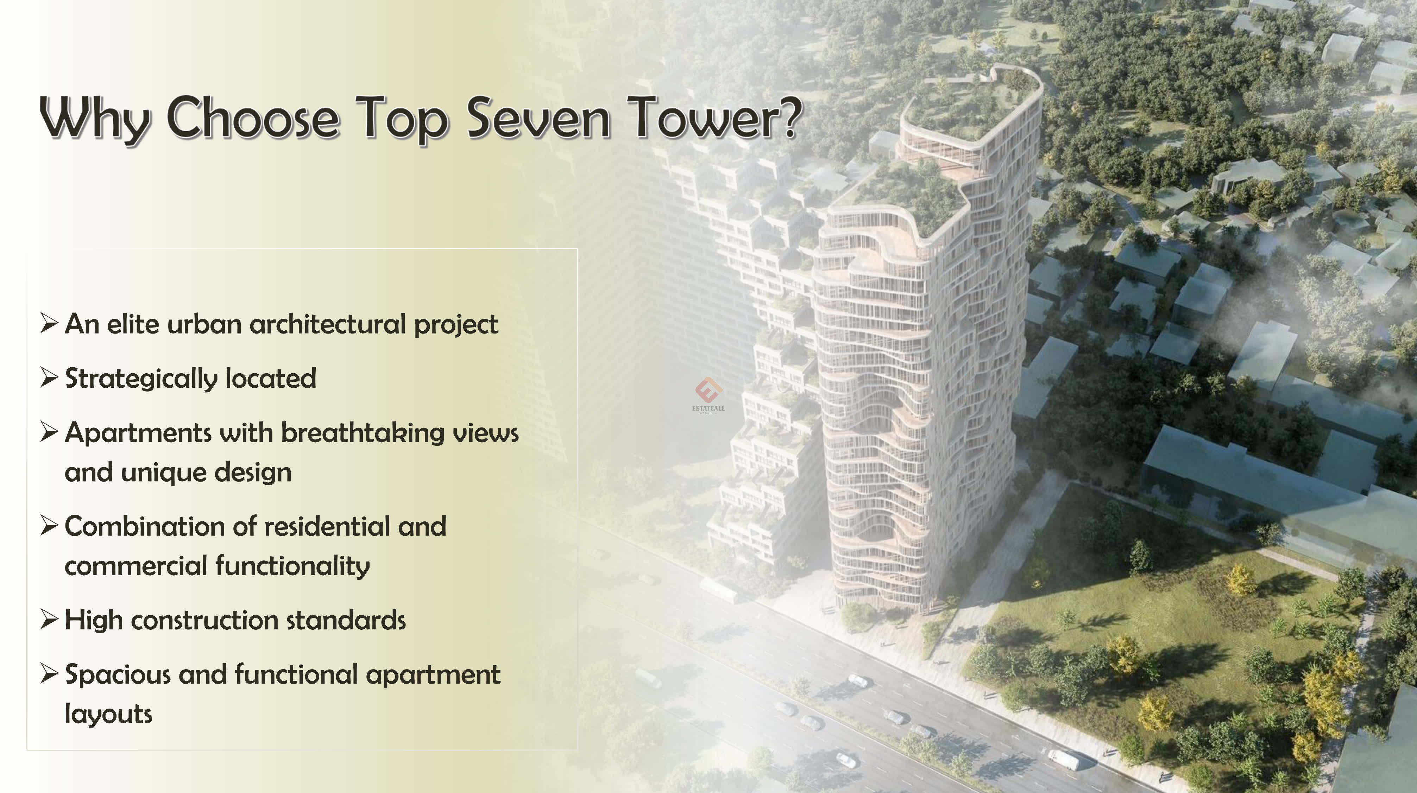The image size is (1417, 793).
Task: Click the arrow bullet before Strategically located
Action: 49,378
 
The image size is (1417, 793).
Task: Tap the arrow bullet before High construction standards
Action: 49,620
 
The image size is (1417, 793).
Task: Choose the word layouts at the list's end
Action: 108,714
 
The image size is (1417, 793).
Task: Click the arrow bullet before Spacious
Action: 49,674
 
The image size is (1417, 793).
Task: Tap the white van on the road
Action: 1063,760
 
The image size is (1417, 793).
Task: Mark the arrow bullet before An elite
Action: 49,323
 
